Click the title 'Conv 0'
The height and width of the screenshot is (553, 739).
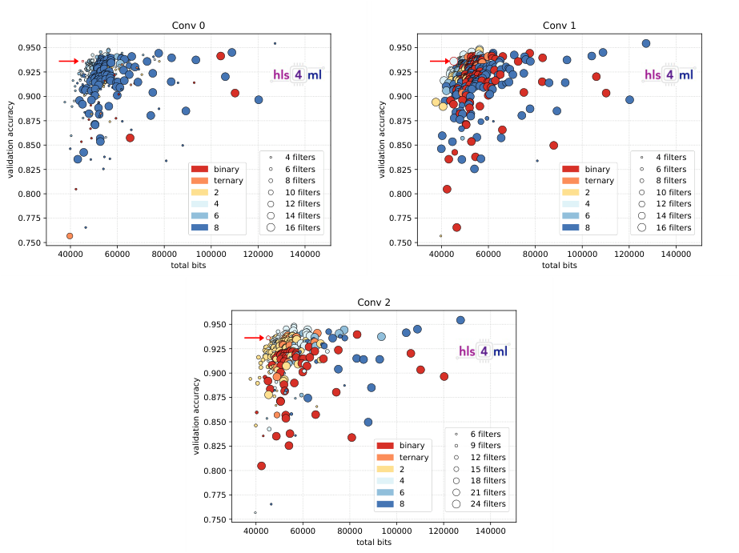188,25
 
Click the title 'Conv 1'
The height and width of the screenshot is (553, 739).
559,25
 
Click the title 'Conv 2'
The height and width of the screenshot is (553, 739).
374,302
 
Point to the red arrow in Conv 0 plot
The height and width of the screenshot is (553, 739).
69,61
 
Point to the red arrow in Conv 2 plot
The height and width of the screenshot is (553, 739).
255,338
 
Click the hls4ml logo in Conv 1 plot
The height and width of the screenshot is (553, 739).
669,74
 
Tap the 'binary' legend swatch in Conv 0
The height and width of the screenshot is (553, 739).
199,170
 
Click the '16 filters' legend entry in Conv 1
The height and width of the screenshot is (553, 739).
670,227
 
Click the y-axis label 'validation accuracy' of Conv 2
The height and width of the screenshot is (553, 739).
196,417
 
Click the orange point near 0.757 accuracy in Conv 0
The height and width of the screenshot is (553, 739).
70,236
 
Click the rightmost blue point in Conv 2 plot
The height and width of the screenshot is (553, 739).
460,320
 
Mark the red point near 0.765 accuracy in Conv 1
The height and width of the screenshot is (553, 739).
456,227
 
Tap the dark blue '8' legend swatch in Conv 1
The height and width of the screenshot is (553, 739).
570,227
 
